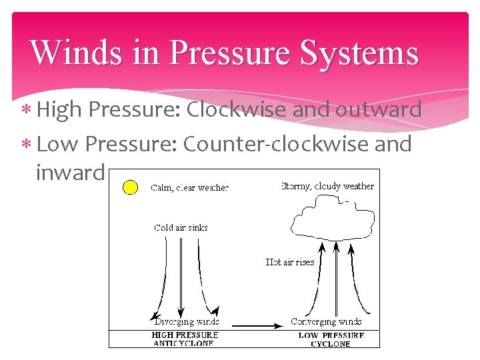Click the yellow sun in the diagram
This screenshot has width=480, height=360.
pyautogui.click(x=129, y=187)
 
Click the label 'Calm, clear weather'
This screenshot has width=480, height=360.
pyautogui.click(x=190, y=188)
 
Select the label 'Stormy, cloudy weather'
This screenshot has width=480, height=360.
pyautogui.click(x=327, y=186)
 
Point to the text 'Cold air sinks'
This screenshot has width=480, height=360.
pyautogui.click(x=181, y=227)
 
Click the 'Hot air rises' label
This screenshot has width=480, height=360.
pyautogui.click(x=289, y=262)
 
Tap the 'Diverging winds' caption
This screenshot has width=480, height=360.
pyautogui.click(x=187, y=322)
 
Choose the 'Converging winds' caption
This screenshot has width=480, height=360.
pyautogui.click(x=327, y=322)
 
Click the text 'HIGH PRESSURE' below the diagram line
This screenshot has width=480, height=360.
pyautogui.click(x=185, y=335)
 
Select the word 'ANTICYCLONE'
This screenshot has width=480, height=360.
pyautogui.click(x=184, y=343)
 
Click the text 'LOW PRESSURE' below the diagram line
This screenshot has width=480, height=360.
pyautogui.click(x=331, y=335)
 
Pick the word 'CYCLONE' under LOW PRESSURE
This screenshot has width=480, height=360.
pyautogui.click(x=331, y=344)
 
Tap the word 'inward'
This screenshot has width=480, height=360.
pyautogui.click(x=70, y=173)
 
